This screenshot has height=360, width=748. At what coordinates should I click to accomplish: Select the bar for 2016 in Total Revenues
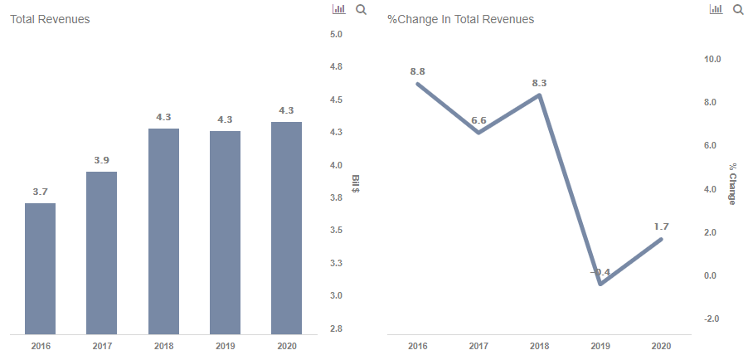[40, 269]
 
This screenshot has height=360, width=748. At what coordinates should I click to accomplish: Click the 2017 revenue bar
[101, 253]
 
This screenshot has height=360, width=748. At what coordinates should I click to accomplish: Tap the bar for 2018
[163, 231]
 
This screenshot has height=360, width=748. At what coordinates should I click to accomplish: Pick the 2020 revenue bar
[286, 228]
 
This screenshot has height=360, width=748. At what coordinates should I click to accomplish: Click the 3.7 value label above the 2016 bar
[40, 192]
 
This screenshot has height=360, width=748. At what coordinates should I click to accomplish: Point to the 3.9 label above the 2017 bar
[101, 160]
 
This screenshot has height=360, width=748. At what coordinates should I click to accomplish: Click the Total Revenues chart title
[50, 19]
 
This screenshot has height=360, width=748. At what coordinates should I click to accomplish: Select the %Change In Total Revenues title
[461, 19]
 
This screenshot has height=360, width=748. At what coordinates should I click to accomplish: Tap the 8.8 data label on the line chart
[417, 71]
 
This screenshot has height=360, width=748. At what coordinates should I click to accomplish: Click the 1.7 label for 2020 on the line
[661, 226]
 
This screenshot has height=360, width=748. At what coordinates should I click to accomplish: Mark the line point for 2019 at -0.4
[600, 284]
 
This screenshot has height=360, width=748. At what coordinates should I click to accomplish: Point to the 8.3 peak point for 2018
[540, 95]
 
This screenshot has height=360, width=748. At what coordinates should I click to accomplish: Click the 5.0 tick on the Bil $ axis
[336, 34]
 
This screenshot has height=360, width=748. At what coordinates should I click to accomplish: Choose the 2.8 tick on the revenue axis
[336, 329]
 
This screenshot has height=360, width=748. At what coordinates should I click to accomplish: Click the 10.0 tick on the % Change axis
[712, 60]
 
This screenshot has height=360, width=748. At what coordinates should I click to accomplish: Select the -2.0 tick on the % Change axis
[712, 319]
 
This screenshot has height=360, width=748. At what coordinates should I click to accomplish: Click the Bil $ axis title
[355, 184]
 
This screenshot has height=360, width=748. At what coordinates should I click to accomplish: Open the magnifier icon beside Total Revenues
[361, 10]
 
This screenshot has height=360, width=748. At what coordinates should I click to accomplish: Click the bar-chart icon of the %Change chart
[717, 10]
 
